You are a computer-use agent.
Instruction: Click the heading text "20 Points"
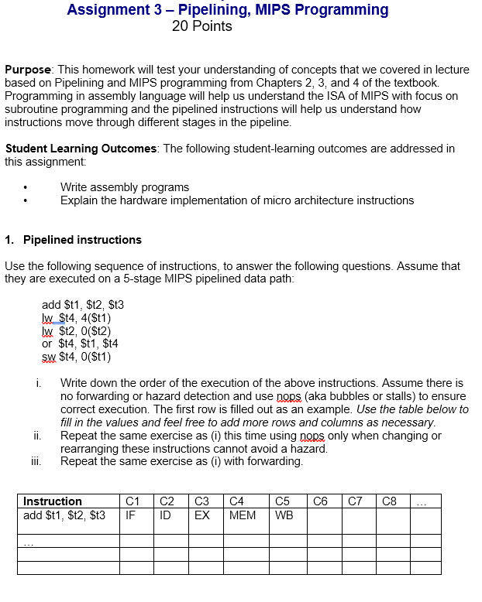click(x=201, y=27)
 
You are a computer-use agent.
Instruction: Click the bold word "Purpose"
click(x=28, y=69)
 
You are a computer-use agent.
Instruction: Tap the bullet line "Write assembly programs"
click(x=124, y=187)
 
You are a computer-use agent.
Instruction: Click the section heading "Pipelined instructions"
click(x=82, y=240)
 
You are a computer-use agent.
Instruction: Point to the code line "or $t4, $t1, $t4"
click(x=80, y=343)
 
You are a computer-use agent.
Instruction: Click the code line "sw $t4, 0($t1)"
click(x=76, y=357)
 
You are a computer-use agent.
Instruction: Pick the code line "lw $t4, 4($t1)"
click(x=76, y=317)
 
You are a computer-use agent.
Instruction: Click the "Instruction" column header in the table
click(x=52, y=501)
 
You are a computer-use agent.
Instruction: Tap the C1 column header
click(x=133, y=501)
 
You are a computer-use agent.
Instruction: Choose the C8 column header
click(x=391, y=501)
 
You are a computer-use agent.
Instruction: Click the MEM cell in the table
click(x=243, y=515)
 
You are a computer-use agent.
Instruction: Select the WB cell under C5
click(x=284, y=515)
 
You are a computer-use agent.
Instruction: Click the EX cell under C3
click(x=201, y=515)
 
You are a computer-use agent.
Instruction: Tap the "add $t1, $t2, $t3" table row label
click(x=64, y=515)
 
